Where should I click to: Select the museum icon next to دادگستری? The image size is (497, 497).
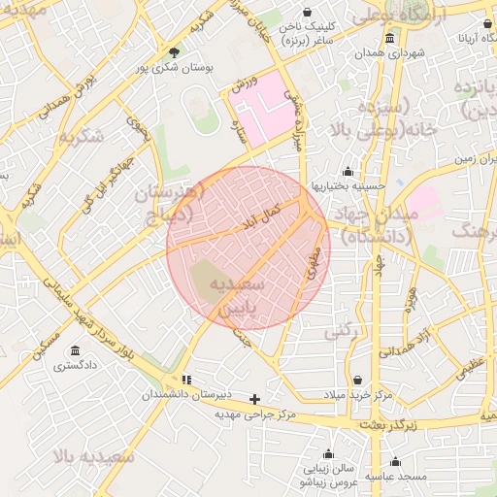click(x=75, y=351)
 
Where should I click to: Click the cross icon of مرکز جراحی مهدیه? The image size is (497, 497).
click(x=255, y=399)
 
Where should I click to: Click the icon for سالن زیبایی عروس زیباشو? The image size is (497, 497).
click(x=330, y=454)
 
